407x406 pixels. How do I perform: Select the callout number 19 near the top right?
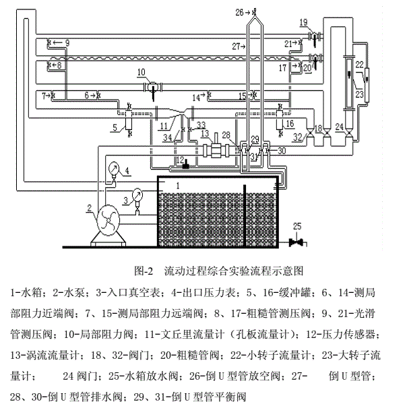pyautogui.click(x=304, y=22)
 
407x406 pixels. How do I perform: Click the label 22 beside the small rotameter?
pyautogui.click(x=360, y=65)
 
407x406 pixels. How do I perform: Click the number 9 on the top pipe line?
pyautogui.click(x=66, y=42)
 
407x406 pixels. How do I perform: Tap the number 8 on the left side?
pyautogui.click(x=57, y=65)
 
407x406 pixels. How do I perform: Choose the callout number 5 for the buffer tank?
pyautogui.click(x=115, y=125)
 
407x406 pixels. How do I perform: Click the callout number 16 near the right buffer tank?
pyautogui.click(x=291, y=124)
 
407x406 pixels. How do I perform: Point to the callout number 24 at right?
pyautogui.click(x=340, y=126)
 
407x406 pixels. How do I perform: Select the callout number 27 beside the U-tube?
pyautogui.click(x=237, y=47)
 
